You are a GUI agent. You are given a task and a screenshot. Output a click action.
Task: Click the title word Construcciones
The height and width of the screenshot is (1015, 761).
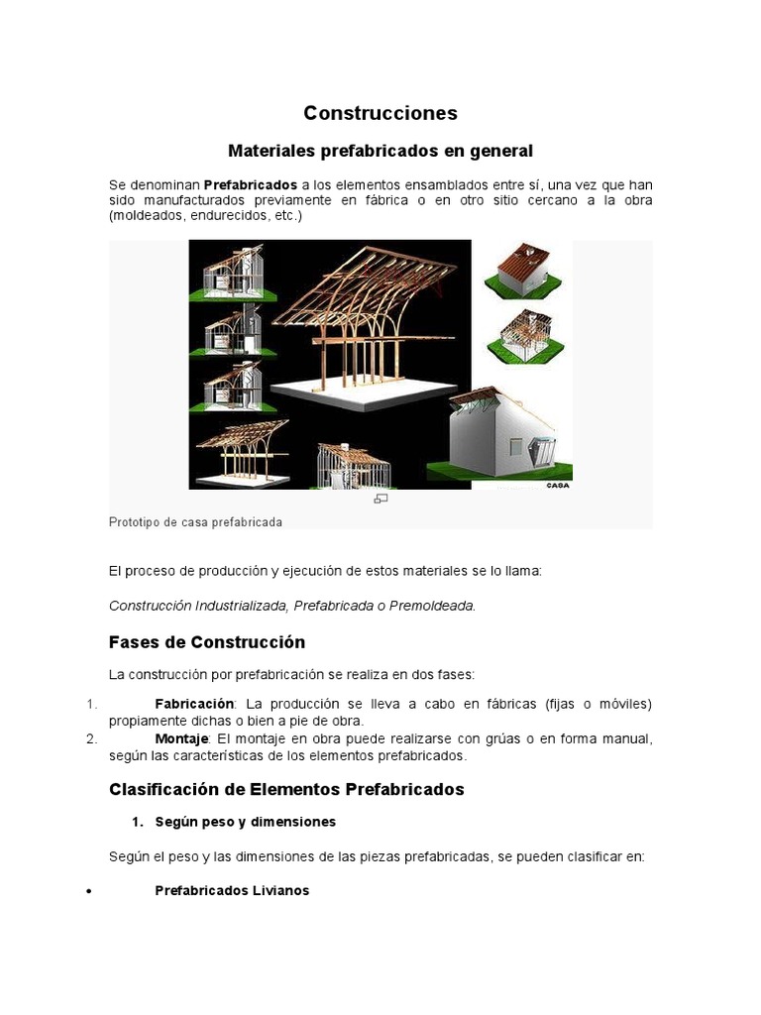pyautogui.click(x=380, y=113)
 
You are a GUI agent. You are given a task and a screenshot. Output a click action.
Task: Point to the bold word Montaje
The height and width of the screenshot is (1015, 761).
pyautogui.click(x=181, y=739)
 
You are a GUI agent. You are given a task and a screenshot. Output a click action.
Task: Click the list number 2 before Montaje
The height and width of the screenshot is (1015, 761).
pyautogui.click(x=89, y=739)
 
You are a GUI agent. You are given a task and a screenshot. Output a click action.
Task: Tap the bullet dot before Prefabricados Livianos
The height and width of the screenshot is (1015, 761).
pyautogui.click(x=89, y=892)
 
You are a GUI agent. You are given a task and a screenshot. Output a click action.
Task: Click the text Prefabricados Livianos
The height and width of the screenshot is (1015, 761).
pyautogui.click(x=232, y=891)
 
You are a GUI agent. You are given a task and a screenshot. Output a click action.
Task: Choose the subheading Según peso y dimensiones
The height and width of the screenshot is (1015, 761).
pyautogui.click(x=246, y=822)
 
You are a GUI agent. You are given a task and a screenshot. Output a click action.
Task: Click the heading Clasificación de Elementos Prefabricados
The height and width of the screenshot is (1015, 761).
pyautogui.click(x=286, y=790)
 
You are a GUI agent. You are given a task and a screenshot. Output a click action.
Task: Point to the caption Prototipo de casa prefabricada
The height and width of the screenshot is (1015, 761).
pyautogui.click(x=195, y=521)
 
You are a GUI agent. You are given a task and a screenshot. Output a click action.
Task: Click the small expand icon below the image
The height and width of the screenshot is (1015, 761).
pyautogui.click(x=380, y=499)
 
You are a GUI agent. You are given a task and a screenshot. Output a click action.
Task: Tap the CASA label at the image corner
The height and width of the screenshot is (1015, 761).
pyautogui.click(x=558, y=486)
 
